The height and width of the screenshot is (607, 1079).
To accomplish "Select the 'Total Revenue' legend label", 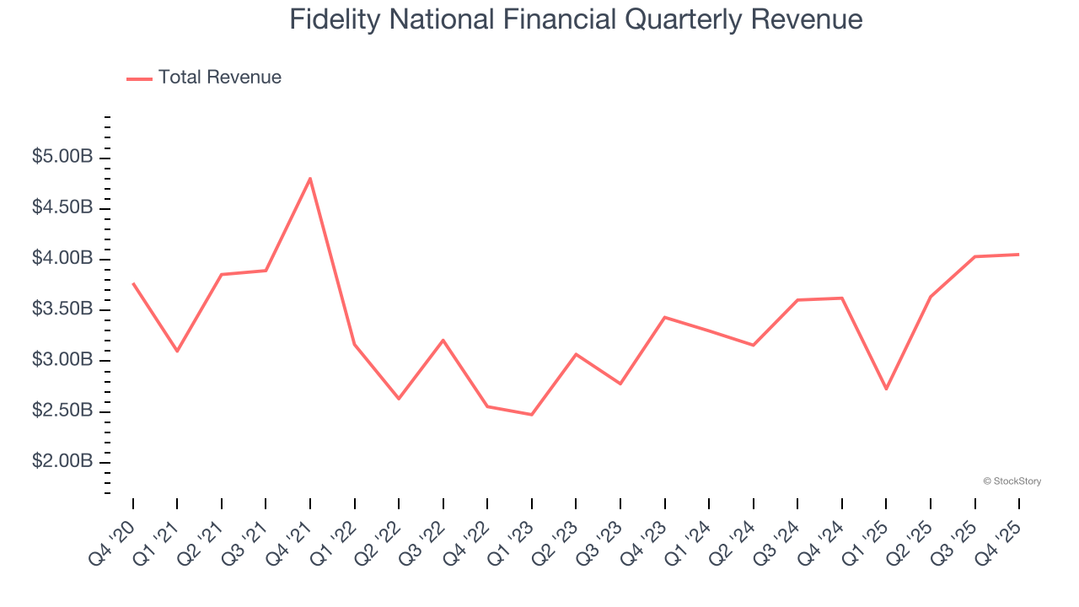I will coord(219,78).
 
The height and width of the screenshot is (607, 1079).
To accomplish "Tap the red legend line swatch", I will coord(139,78).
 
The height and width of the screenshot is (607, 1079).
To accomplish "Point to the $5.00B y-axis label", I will coord(62,158).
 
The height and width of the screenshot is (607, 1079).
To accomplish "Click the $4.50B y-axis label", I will coord(62,208).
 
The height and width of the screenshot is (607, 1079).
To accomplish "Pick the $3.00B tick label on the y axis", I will coord(62,361).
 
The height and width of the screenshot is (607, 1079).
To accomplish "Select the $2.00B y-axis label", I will coord(62,463).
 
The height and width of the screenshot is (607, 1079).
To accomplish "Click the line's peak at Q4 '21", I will coord(310,179).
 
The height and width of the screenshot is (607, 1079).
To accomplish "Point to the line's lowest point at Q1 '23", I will coord(532,415).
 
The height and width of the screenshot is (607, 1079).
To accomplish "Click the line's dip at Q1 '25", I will coord(886,389).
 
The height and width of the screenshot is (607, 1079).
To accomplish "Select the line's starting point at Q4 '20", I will coord(133,283).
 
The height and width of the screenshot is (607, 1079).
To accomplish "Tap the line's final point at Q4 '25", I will coord(1018,255).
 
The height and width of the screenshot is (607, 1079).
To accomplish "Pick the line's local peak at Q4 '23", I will coord(665,317).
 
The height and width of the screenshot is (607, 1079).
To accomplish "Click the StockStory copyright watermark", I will coord(1012,481).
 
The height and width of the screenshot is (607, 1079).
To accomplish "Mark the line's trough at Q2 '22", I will coord(399,399).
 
